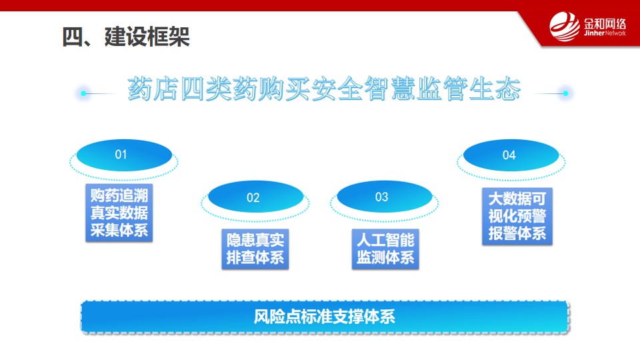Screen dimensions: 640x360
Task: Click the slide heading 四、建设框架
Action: click(126, 37)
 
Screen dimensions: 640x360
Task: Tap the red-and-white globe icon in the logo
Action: click(565, 27)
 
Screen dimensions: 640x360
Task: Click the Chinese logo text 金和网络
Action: click(605, 24)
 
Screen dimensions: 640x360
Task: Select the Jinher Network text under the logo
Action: click(605, 33)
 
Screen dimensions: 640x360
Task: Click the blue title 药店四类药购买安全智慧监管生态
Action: click(324, 89)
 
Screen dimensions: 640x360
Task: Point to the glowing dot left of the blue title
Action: click(83, 93)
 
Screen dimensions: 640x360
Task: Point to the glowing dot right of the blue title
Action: click(565, 93)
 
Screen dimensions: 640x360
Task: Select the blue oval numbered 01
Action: click(124, 155)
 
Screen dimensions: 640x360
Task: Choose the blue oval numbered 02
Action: click(255, 197)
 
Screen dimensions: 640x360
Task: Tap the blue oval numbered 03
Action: click(385, 197)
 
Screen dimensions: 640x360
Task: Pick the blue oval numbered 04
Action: click(511, 155)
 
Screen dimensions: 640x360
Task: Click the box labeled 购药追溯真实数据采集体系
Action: click(119, 213)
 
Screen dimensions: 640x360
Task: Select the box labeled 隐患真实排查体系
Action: click(255, 249)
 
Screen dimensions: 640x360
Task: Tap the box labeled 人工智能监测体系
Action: click(385, 249)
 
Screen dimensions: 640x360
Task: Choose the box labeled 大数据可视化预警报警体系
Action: click(517, 216)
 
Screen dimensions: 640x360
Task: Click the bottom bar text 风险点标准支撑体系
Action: click(325, 317)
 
